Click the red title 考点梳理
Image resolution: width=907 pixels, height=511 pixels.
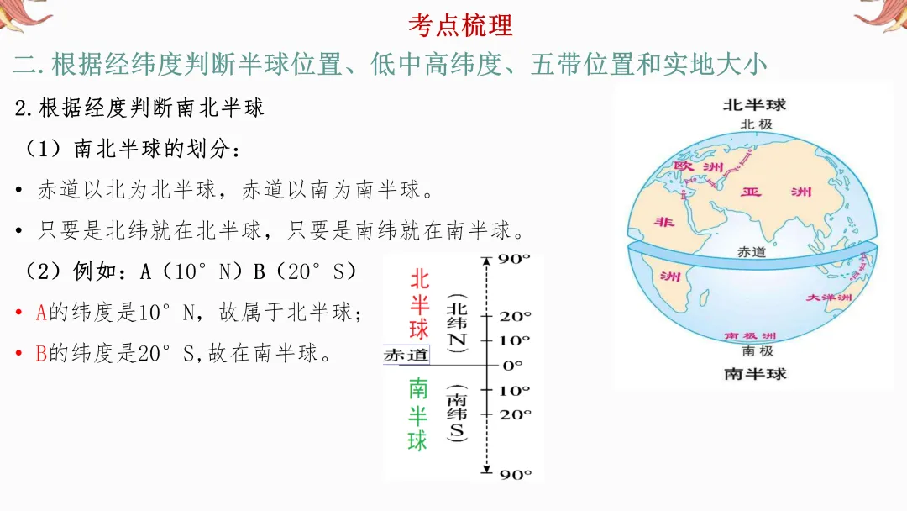pos(459,24)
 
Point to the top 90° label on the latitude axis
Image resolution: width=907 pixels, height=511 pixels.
pos(514,259)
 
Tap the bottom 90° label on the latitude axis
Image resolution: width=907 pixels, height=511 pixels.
pos(515,475)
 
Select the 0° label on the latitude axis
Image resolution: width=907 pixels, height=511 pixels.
pos(511,365)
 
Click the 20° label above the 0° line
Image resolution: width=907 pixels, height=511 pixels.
pos(515,317)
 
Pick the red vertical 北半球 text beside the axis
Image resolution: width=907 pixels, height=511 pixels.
pos(418,303)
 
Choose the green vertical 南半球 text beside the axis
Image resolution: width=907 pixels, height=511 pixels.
pos(417,414)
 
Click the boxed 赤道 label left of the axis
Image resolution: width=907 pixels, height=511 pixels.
pos(406,356)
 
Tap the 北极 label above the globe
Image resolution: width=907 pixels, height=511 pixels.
pos(755,124)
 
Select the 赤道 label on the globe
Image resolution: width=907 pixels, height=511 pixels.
pos(751,251)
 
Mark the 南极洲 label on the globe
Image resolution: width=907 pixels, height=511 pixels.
pos(754,336)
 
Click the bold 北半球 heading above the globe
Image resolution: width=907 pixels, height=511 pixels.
pos(754,105)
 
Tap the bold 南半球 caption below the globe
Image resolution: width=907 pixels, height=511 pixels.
pos(755,373)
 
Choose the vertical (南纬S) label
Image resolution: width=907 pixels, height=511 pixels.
pos(457,414)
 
